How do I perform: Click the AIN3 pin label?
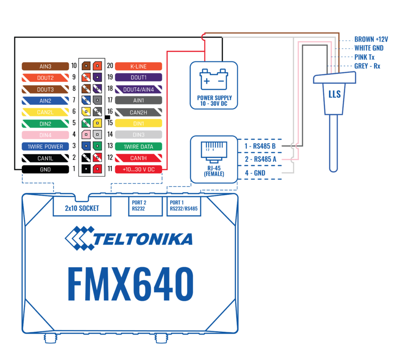point(45,66)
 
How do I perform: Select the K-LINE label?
point(138,66)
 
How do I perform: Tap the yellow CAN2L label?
point(45,112)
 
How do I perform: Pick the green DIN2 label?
point(45,124)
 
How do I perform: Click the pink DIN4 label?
point(45,135)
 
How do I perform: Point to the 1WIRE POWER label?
point(45,146)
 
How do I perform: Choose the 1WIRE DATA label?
point(138,146)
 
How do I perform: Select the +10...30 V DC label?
point(138,170)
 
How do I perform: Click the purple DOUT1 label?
point(138,78)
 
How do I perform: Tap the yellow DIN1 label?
point(138,124)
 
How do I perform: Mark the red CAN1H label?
point(138,158)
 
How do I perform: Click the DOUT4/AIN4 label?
point(138,89)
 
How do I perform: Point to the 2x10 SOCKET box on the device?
point(82,208)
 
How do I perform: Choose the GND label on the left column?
point(45,170)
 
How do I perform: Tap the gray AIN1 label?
point(138,100)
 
